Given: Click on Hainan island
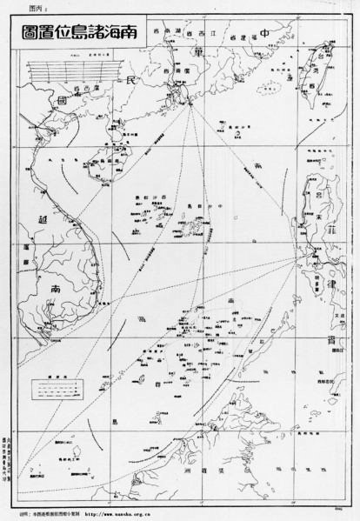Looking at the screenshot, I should [121, 159].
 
